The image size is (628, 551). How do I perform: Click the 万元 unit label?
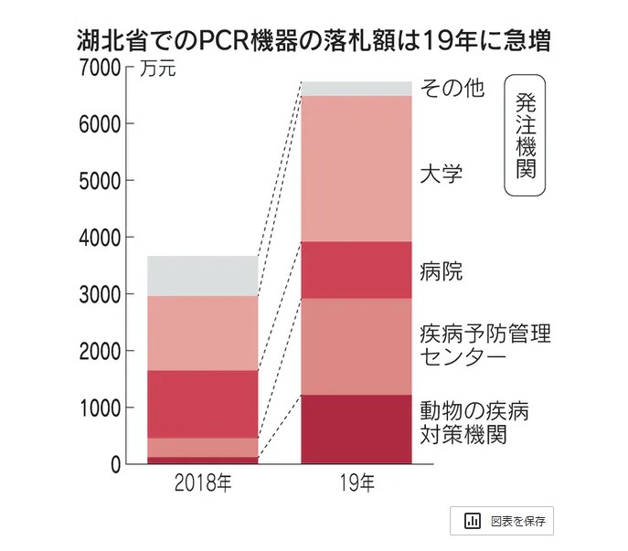pyautogui.click(x=156, y=69)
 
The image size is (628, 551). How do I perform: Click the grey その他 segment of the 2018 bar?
pyautogui.click(x=203, y=276)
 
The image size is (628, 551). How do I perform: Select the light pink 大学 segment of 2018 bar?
pyautogui.click(x=203, y=333)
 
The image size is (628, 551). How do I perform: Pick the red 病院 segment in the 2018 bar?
pyautogui.click(x=203, y=404)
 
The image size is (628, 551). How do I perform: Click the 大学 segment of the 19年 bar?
pyautogui.click(x=356, y=168)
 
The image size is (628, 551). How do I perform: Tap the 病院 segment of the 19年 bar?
pyautogui.click(x=356, y=270)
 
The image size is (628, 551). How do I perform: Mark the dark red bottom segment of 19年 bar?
pyautogui.click(x=356, y=429)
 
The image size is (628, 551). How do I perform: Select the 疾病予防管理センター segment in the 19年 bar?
pyautogui.click(x=356, y=346)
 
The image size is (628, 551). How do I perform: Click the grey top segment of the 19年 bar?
pyautogui.click(x=356, y=89)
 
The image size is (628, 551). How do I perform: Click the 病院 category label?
pyautogui.click(x=441, y=270)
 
